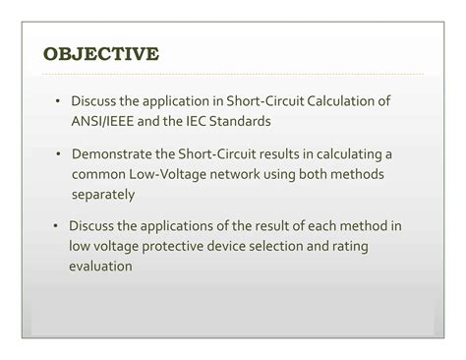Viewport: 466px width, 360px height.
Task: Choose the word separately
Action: click(103, 193)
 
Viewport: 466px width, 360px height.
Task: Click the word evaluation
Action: click(100, 265)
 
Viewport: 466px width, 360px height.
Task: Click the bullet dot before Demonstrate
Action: click(60, 154)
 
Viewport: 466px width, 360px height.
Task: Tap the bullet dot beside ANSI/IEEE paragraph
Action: click(60, 101)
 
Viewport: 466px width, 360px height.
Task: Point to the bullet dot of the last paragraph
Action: click(58, 226)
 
